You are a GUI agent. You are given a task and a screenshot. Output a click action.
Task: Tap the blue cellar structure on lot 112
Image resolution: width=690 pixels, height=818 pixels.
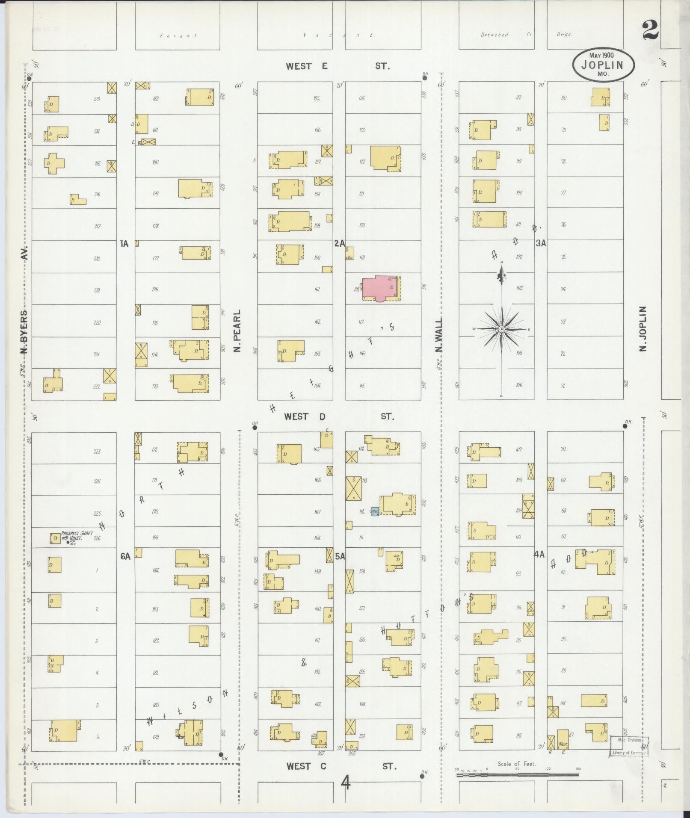click(x=374, y=511)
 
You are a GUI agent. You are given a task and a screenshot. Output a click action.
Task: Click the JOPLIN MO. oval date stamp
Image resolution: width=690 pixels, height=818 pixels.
click(x=604, y=65)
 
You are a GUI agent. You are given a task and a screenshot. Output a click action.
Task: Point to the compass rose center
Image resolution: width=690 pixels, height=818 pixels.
click(x=501, y=328)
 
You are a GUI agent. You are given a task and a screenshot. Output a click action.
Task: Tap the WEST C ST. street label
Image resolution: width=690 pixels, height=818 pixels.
click(x=341, y=766)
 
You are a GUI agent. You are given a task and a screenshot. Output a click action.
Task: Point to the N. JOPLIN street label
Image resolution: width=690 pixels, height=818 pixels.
click(x=643, y=328)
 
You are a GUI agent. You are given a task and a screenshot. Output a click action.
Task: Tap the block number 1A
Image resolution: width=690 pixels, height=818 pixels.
click(x=124, y=244)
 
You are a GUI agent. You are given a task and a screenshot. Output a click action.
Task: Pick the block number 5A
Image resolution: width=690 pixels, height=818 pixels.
click(x=340, y=556)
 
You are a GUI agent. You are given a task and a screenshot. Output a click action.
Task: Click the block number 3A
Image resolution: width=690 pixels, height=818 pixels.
click(x=541, y=243)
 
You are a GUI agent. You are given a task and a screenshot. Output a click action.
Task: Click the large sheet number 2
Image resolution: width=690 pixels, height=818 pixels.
click(x=650, y=30)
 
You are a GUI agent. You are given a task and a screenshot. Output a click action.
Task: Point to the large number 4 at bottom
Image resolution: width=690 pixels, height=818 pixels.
click(x=345, y=783)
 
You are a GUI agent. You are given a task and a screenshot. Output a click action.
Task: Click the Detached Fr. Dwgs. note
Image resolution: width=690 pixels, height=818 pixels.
click(x=526, y=35)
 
